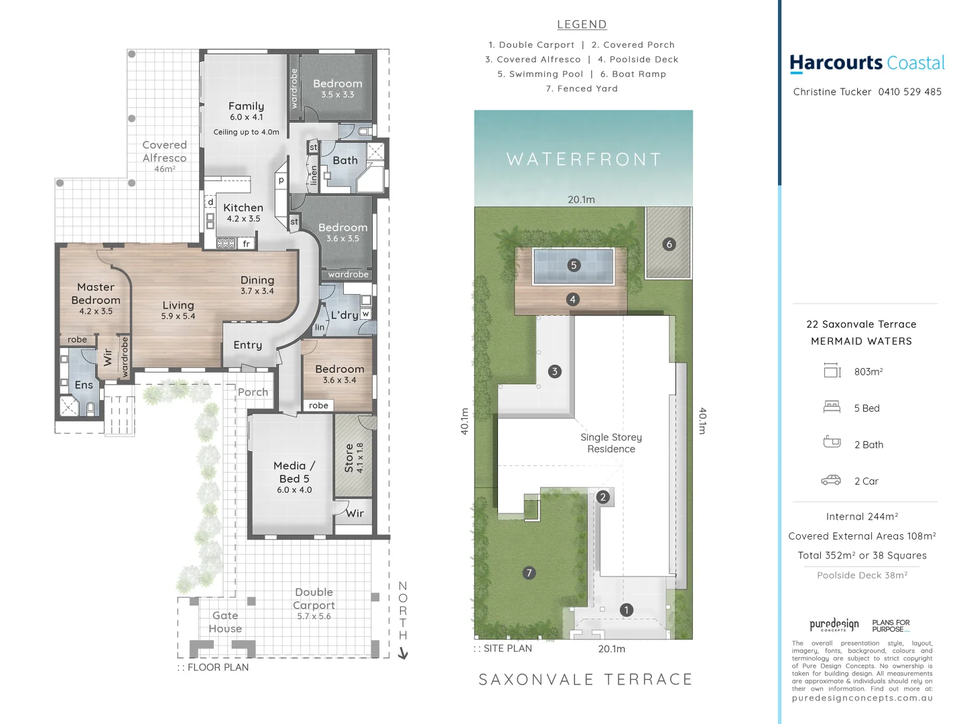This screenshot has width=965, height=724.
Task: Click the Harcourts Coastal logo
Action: (866, 63)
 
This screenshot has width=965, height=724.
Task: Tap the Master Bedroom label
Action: (96, 294)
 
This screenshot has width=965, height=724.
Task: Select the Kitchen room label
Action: (243, 208)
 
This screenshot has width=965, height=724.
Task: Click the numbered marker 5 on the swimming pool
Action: (573, 265)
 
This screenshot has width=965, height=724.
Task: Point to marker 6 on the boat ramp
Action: (669, 244)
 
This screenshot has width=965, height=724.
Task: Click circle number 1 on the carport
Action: (626, 610)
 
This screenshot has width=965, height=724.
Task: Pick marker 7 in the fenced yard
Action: (529, 572)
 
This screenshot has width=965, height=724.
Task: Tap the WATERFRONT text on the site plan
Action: (584, 160)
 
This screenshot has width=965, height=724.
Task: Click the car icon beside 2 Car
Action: (831, 481)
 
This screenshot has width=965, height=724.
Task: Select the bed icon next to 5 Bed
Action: (832, 407)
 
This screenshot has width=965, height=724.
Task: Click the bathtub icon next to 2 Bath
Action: (832, 442)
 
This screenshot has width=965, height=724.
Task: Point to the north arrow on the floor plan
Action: (403, 653)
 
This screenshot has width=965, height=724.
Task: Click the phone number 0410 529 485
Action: (909, 92)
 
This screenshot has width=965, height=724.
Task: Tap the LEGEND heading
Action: (582, 25)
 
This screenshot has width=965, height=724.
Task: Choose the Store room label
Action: (349, 458)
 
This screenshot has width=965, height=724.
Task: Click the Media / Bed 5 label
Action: (294, 472)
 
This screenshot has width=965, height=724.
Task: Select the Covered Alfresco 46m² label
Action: (164, 156)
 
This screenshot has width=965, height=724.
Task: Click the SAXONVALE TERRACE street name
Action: (585, 680)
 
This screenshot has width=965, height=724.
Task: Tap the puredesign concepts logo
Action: (834, 625)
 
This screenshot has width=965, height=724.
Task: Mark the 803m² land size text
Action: (868, 371)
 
